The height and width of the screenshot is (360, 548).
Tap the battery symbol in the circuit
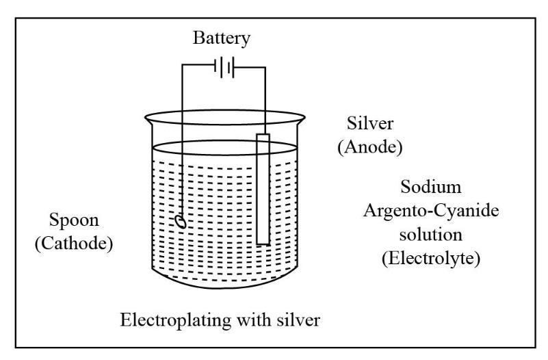click(x=224, y=67)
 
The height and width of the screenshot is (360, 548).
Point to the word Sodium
click(x=430, y=187)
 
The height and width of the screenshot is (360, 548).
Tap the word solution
click(x=430, y=235)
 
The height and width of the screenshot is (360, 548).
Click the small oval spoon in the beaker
click(x=181, y=221)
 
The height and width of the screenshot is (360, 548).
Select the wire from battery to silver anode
click(x=262, y=96)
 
